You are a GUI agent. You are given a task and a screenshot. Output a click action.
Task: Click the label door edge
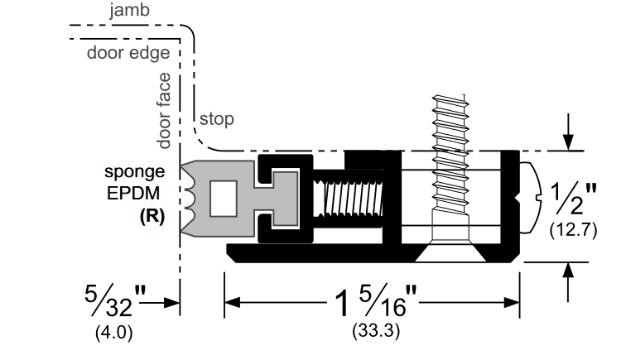tap(128, 53)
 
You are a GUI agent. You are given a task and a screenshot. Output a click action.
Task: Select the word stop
tap(216, 119)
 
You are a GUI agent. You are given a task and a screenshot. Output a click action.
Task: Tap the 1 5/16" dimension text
tap(373, 303)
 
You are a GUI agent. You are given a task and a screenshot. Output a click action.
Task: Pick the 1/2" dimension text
tap(571, 199)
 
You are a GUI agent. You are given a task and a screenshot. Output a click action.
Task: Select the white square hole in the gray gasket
tap(223, 198)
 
